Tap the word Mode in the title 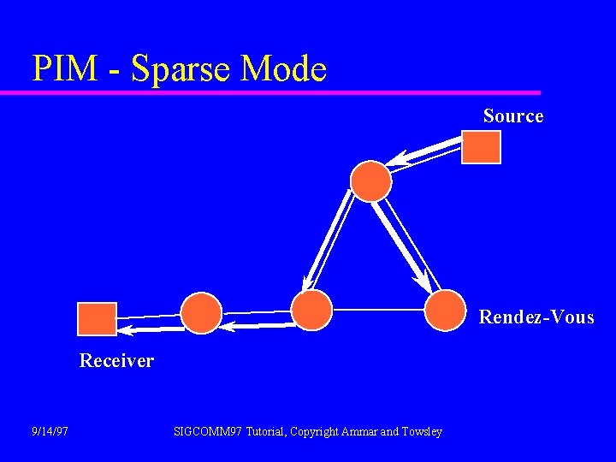[284, 68]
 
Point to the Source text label [512, 115]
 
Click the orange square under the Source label [481, 146]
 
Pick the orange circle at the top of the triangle [371, 181]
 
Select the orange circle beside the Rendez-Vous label [446, 310]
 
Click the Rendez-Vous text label [536, 317]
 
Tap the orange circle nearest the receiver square [201, 312]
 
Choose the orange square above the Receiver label [97, 318]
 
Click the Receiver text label [116, 361]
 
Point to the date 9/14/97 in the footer [50, 431]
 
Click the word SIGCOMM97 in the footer [207, 431]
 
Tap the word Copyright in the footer [315, 431]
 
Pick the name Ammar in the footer [359, 431]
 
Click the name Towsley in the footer [420, 431]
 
